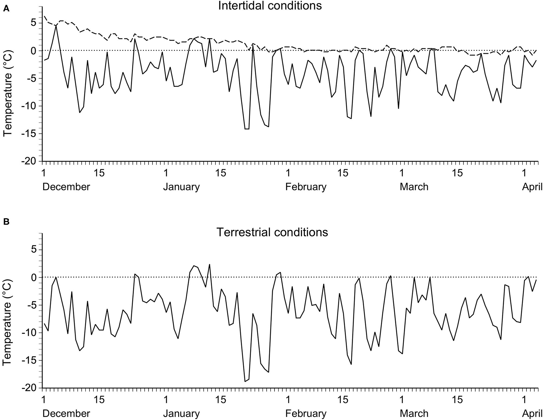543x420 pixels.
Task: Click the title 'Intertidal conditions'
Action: [270, 6]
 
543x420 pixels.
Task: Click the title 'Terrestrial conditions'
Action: [272, 232]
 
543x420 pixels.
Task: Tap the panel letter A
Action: [6, 9]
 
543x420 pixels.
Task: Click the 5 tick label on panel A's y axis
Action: [33, 23]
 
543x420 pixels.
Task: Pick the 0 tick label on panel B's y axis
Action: [33, 277]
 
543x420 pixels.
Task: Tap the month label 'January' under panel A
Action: [181, 187]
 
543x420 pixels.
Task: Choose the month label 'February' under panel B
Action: [306, 414]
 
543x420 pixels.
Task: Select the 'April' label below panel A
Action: [532, 187]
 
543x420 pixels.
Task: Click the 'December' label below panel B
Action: [66, 414]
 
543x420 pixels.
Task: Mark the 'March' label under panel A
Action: [414, 187]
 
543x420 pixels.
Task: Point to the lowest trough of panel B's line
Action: [245, 381]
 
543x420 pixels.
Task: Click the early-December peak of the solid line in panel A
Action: [56, 26]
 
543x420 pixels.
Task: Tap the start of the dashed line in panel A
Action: [44, 16]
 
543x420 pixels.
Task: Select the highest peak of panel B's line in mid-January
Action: [210, 264]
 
